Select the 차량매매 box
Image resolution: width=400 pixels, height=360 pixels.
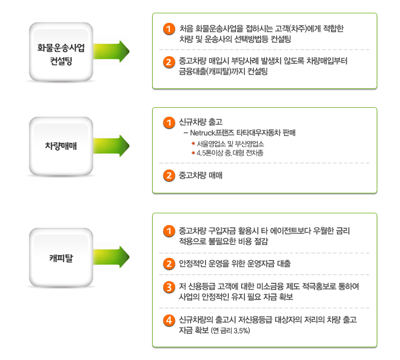[x=61, y=147]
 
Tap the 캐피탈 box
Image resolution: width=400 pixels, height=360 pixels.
[x=61, y=258]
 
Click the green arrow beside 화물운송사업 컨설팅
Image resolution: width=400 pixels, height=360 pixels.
[x=111, y=51]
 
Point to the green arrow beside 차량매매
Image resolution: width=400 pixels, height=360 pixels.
[x=111, y=146]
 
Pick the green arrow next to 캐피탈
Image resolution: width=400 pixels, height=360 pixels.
[x=111, y=257]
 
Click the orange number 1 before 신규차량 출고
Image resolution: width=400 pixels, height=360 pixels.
[x=169, y=123]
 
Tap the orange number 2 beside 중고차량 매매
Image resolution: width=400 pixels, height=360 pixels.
[x=169, y=176]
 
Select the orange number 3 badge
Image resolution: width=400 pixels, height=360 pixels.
[x=169, y=287]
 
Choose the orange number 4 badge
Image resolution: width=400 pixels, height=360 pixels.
[x=169, y=320]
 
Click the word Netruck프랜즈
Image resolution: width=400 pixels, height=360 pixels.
[x=212, y=133]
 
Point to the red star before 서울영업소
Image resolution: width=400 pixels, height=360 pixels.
[x=193, y=144]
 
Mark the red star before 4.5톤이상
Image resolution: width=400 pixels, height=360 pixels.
[x=193, y=153]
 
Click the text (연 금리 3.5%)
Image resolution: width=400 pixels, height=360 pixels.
[x=231, y=331]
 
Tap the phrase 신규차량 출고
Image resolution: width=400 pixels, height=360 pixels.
[x=201, y=122]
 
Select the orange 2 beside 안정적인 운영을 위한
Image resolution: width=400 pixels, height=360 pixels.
[x=169, y=264]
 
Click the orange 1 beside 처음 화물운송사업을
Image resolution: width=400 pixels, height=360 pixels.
[x=169, y=29]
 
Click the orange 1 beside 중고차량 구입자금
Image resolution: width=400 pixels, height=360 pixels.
[x=169, y=231]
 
